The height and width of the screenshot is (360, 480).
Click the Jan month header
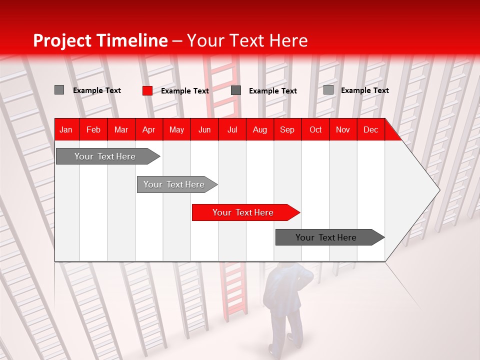[66, 129]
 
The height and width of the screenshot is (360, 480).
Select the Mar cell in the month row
[121, 129]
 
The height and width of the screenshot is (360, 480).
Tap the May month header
[176, 129]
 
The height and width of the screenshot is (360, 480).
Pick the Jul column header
[232, 129]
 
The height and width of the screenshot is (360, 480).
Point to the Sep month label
[287, 129]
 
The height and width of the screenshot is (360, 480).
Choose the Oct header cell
[315, 129]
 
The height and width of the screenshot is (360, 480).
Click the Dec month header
[370, 129]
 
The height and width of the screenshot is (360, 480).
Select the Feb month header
[93, 129]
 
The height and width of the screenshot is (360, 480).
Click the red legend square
[147, 90]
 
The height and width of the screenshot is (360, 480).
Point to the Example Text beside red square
[184, 91]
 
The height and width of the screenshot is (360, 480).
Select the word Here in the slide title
[288, 40]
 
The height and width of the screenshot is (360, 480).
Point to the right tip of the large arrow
[439, 190]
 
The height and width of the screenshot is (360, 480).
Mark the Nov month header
[343, 129]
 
